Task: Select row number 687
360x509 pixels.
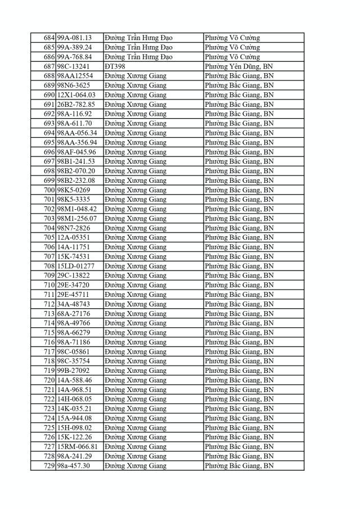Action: [49, 66]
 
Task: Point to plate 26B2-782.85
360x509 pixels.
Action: [76, 105]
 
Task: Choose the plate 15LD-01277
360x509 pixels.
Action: [75, 266]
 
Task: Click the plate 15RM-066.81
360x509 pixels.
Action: [78, 447]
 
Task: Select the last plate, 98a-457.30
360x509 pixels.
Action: [74, 466]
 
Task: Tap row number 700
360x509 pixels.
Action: [49, 190]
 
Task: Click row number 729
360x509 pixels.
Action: [49, 466]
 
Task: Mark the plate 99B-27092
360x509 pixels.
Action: [73, 371]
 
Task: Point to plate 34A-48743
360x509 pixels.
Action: [73, 304]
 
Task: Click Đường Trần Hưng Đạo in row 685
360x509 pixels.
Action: [138, 47]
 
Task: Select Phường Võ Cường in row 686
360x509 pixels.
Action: [232, 57]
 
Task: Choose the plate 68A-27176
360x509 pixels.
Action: [73, 314]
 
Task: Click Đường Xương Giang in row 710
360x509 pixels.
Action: [136, 285]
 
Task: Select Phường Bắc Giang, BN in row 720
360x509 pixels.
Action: [239, 380]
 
